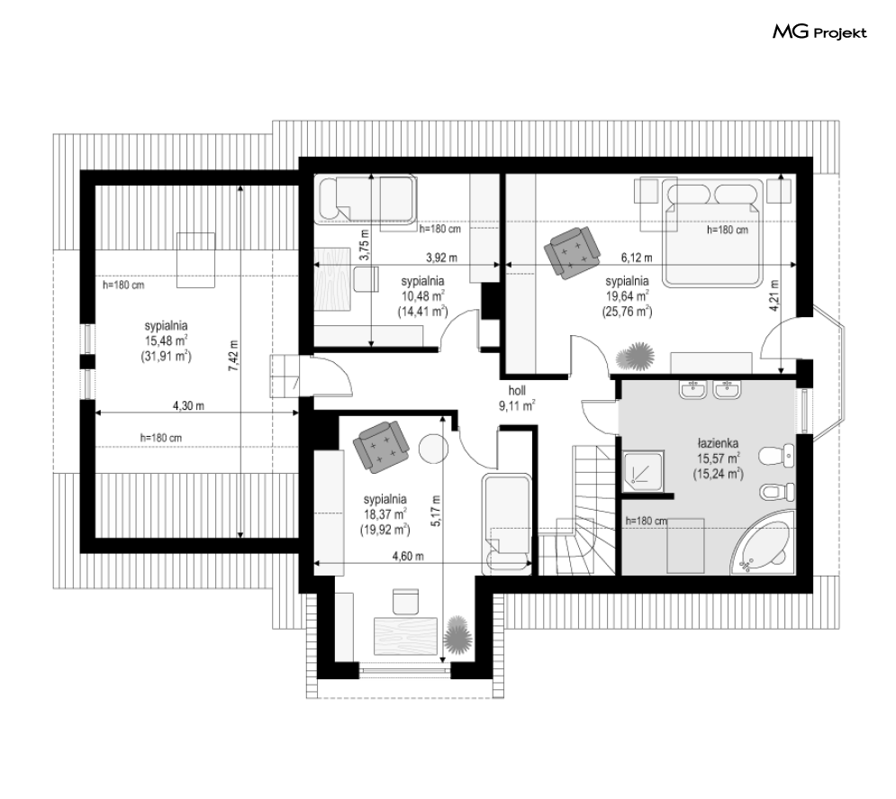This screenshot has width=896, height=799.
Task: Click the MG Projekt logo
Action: [819, 33]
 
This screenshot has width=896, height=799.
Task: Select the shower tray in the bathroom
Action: [645, 470]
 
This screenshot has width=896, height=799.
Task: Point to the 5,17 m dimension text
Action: [436, 512]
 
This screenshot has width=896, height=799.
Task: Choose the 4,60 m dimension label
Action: [408, 557]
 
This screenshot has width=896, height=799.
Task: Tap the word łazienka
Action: [717, 443]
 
